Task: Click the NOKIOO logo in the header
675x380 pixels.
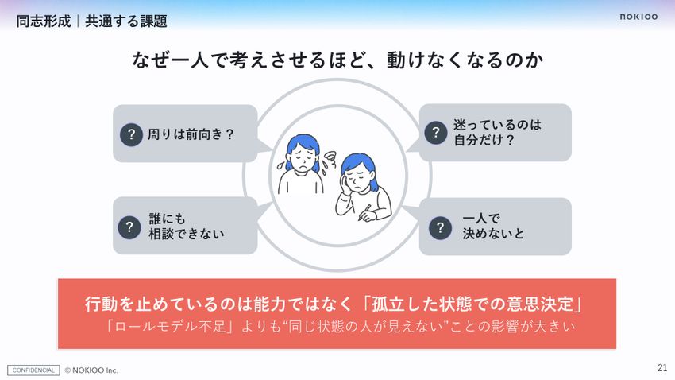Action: click(x=638, y=17)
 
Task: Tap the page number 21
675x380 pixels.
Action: click(x=662, y=367)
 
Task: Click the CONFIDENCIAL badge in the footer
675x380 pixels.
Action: click(x=33, y=370)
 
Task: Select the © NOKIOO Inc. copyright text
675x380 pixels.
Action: click(x=91, y=370)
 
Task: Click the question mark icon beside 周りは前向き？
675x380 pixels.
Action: click(x=131, y=134)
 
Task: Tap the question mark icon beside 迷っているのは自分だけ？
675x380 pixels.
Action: click(x=436, y=132)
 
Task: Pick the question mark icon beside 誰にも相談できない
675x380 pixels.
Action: click(x=129, y=227)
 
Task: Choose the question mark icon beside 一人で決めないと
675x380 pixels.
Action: click(x=440, y=227)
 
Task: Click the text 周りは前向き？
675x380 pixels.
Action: click(x=191, y=134)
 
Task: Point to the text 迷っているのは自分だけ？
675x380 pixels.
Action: click(x=497, y=132)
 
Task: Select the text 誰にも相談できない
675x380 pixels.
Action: click(x=187, y=227)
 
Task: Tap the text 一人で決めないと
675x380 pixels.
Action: click(x=493, y=226)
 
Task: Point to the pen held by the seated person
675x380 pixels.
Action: click(x=364, y=212)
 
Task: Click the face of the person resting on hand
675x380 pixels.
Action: click(x=357, y=178)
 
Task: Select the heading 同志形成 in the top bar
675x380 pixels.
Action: click(x=44, y=21)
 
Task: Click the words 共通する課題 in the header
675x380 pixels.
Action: click(x=126, y=21)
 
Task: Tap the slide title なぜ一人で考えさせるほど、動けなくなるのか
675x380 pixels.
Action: click(x=337, y=60)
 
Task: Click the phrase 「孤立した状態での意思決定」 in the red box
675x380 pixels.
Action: click(x=472, y=304)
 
